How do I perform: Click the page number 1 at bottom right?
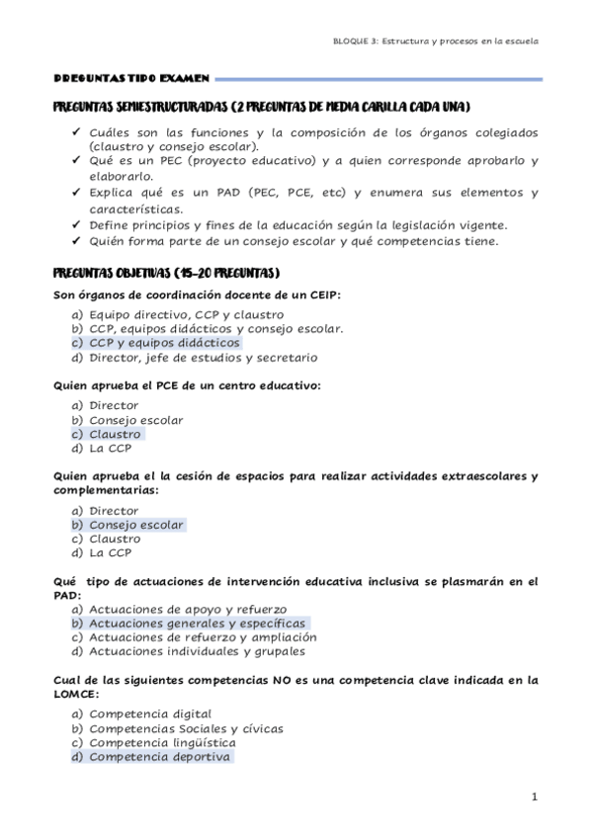click(533, 796)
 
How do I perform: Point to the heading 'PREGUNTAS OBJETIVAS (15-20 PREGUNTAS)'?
click(165, 272)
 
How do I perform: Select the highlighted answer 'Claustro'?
click(115, 434)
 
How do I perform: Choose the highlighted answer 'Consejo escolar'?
click(136, 525)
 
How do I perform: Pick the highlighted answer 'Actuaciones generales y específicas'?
click(197, 624)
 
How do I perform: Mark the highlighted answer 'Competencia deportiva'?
click(159, 757)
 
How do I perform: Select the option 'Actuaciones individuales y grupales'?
click(197, 651)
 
